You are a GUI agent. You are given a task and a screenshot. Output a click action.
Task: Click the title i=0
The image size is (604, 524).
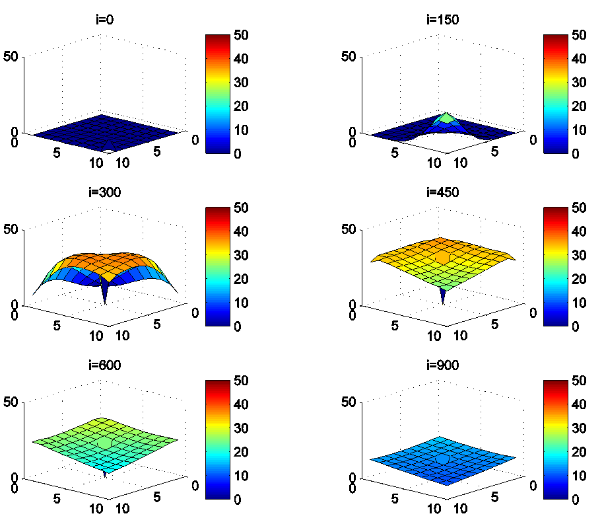click(x=104, y=19)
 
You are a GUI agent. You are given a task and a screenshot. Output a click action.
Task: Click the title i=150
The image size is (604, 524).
click(x=442, y=19)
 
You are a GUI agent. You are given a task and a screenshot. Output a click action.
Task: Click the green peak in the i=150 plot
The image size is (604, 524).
click(x=448, y=118)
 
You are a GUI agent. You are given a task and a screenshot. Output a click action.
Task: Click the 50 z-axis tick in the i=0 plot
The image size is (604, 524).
click(x=13, y=56)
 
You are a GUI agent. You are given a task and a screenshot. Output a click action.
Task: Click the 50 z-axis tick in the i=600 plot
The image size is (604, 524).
click(x=13, y=402)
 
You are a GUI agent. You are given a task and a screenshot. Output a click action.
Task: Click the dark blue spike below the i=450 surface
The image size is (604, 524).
click(x=442, y=297)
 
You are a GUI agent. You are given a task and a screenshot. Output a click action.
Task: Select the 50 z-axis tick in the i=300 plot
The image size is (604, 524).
click(x=13, y=229)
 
